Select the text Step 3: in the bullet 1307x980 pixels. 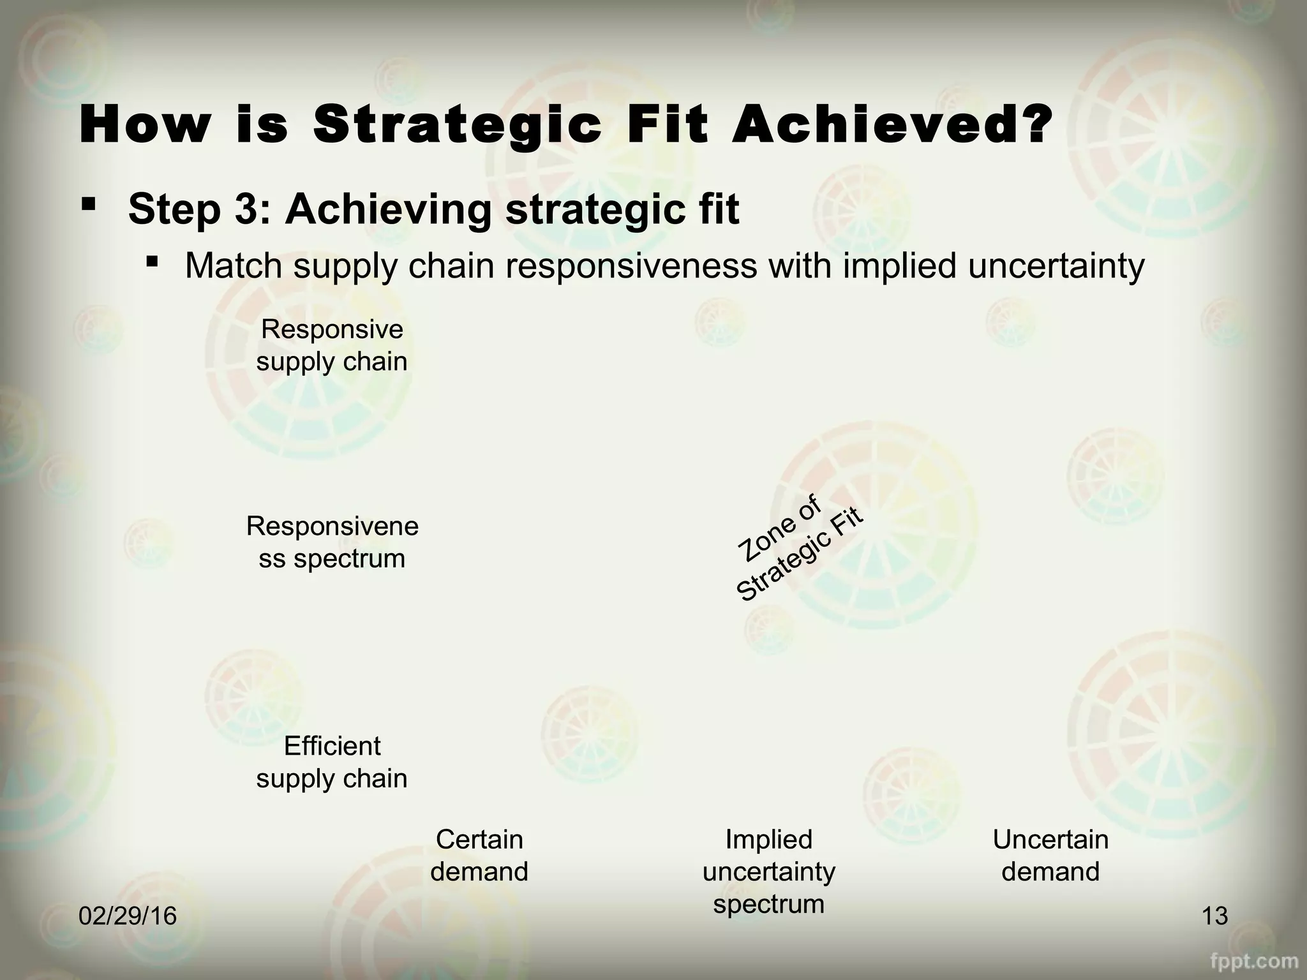[x=200, y=209]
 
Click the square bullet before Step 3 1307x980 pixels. [x=89, y=205]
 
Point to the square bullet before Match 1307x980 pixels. [x=152, y=262]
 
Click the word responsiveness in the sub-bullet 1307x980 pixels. [x=632, y=265]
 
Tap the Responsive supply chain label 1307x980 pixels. [x=332, y=346]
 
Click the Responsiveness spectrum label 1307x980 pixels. [x=332, y=542]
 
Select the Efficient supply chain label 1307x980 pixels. [x=332, y=762]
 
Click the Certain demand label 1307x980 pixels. [x=479, y=856]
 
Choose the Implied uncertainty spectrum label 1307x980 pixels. [x=768, y=872]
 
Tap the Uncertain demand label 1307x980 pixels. [x=1050, y=856]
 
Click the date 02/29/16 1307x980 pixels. [x=128, y=916]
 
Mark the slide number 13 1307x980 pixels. [x=1214, y=916]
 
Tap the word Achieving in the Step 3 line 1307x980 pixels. [x=388, y=209]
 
